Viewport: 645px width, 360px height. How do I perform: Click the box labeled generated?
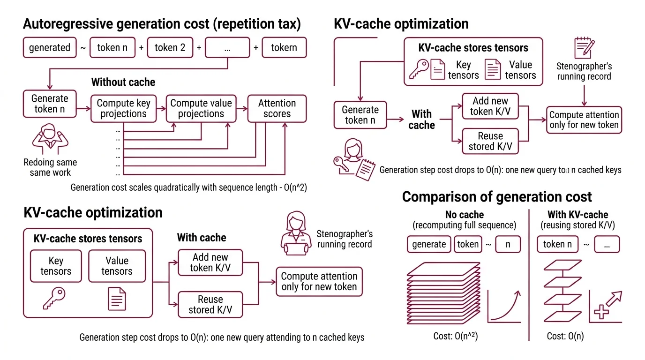point(49,48)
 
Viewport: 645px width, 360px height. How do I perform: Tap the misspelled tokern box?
point(284,48)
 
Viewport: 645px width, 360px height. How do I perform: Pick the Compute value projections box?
point(201,108)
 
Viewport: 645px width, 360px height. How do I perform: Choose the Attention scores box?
point(277,108)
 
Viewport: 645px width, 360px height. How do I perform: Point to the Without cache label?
point(123,82)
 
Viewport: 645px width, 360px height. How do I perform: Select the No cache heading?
point(464,215)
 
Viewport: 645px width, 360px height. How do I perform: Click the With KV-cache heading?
point(577,215)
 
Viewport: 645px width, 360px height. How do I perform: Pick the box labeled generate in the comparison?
point(428,244)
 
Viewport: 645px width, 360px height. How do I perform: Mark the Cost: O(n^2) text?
point(455,336)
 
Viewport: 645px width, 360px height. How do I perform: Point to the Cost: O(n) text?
point(565,336)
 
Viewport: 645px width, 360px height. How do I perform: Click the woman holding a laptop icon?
point(295,233)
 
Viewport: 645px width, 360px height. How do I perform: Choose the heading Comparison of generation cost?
point(497,196)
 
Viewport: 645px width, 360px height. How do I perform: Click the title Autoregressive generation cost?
point(162,23)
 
